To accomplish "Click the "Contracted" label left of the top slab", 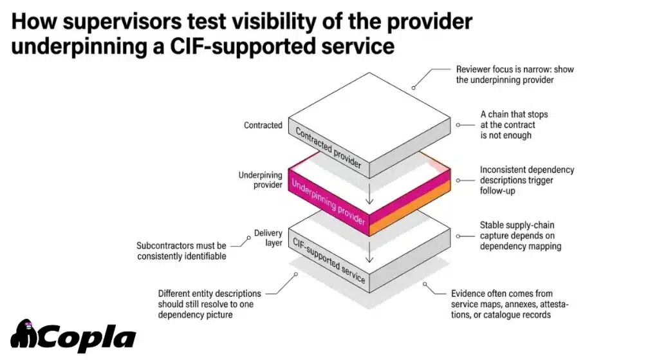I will (263, 125).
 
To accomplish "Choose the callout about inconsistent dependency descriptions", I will (526, 180).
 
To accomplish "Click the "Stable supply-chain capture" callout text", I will (517, 235).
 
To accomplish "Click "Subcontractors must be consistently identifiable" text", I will (181, 251).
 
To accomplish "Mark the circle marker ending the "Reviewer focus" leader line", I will (414, 85).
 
